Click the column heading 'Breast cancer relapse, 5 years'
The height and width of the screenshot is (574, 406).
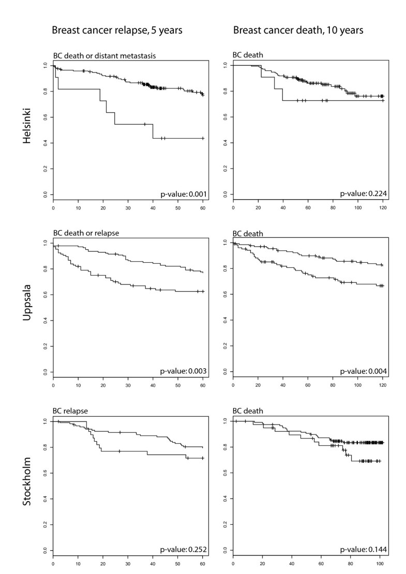tap(117, 31)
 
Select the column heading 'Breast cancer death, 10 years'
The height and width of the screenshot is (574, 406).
tap(298, 31)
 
